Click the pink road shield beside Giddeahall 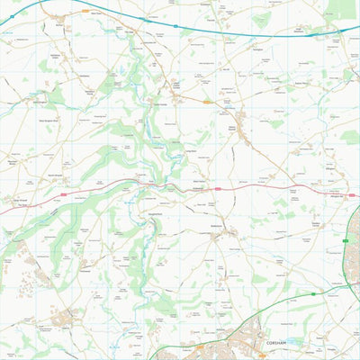click(x=216, y=188)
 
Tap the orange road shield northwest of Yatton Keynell click(x=208, y=103)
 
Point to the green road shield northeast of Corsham click(x=345, y=241)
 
